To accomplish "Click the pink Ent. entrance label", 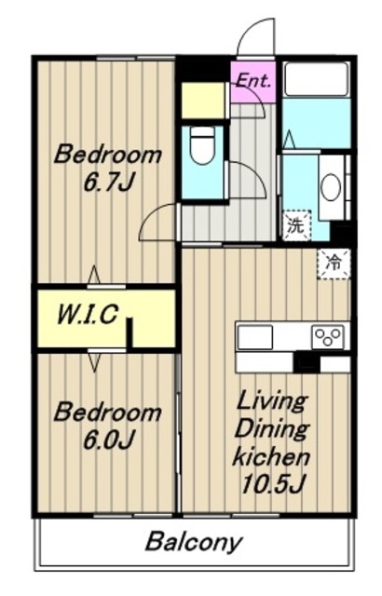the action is (254, 81).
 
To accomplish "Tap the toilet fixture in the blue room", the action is (202, 145).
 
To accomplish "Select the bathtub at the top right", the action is (317, 79).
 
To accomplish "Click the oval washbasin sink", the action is (331, 187).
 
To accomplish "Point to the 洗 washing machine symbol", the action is (296, 225).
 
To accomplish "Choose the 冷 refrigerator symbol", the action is (334, 264).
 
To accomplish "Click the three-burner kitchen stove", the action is (328, 336).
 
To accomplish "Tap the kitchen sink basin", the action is (255, 337).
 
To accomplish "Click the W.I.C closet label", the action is (87, 315).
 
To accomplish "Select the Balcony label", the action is (194, 542).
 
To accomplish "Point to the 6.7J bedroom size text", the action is (108, 183).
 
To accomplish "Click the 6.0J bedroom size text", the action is (108, 440).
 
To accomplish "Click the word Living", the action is (271, 403).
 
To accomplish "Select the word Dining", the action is (271, 430).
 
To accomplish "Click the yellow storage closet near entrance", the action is (203, 101).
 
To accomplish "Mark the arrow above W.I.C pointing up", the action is (94, 275).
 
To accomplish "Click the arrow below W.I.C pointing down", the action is (94, 362).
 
